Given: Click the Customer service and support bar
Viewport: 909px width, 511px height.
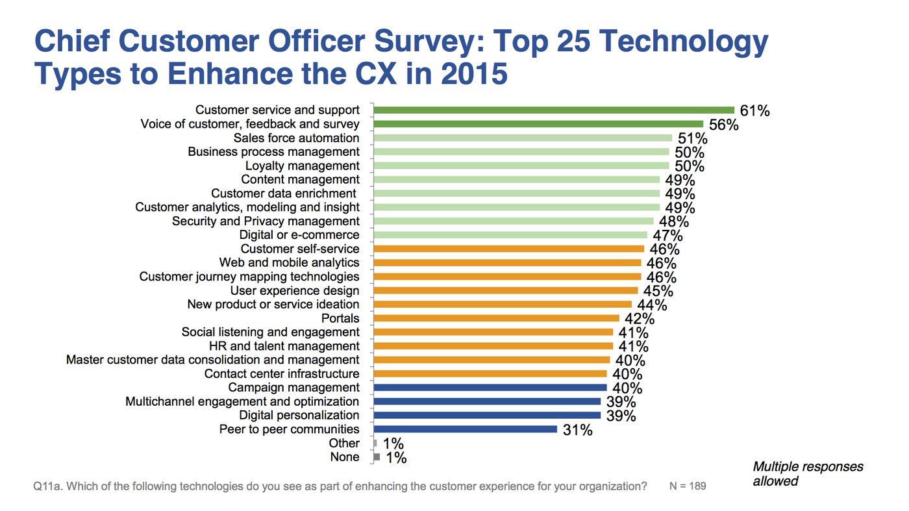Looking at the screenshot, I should [553, 110].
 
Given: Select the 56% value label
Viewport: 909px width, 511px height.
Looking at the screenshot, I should [724, 125].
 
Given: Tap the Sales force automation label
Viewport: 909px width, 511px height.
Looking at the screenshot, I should [296, 138].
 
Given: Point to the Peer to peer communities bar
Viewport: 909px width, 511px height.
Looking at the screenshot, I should [465, 429].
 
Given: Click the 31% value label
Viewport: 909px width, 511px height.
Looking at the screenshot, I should [577, 430].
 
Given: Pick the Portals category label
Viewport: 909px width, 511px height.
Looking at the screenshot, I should [340, 318].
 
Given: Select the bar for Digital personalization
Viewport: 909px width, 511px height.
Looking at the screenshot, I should [487, 415].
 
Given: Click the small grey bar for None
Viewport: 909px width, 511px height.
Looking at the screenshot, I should [377, 457].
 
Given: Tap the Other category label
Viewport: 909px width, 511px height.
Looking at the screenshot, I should [344, 443].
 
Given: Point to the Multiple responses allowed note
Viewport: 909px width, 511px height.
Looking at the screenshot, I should [808, 474].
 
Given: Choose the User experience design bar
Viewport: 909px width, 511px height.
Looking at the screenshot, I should [505, 290].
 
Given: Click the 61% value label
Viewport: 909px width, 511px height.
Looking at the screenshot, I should [754, 111].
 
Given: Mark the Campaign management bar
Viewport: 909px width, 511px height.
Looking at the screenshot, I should [490, 388].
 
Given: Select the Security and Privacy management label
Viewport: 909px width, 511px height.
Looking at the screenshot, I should [266, 221].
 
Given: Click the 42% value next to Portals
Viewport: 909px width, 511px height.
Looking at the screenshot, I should [639, 319].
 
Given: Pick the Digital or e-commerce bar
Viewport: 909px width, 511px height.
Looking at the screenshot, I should [510, 235].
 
